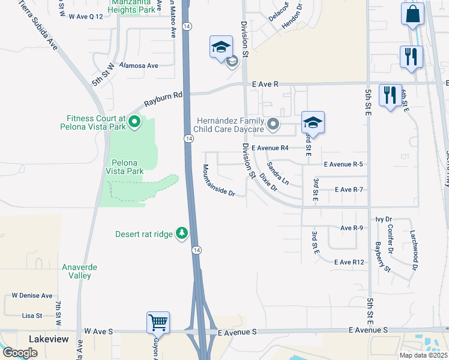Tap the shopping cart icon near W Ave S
point(158,323)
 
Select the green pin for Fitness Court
point(134,123)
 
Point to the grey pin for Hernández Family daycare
point(273,125)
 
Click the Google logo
point(20,353)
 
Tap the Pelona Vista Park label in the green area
point(127,167)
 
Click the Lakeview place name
point(48,340)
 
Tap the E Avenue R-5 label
point(343,164)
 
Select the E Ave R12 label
point(349,262)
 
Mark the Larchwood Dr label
point(415,248)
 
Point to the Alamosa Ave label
point(139,65)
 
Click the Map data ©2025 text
point(423,355)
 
